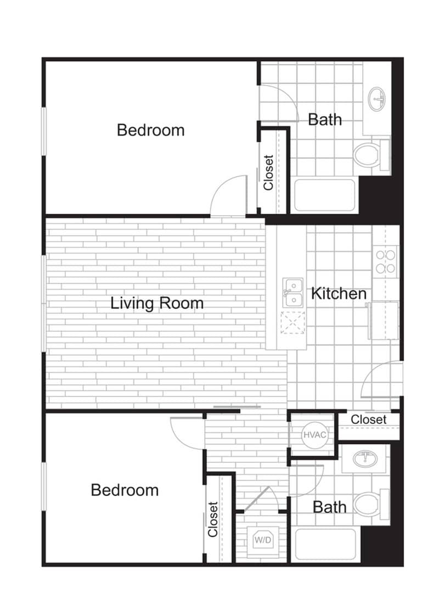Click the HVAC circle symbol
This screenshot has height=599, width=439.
pos(314,435)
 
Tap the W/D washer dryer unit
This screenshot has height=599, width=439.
pos(262,539)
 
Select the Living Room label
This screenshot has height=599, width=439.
pos(157,303)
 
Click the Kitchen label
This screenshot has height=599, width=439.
pos(339,293)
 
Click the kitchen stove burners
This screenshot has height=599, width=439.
pos(385,261)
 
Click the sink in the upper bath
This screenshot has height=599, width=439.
pos(376,99)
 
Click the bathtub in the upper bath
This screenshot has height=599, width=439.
pos(325,195)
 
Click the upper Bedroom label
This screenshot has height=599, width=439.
pos(151,130)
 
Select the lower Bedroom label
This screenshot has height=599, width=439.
pos(125,489)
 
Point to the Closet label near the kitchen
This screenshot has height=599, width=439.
pos(369,420)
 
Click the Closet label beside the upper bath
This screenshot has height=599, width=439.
pos(268,172)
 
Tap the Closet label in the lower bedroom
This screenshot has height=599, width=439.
pos(213,519)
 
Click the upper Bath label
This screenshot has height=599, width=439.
pos(325,119)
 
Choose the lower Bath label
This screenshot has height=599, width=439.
pos(329,507)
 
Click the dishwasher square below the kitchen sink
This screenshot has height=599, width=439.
pos(292,323)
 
